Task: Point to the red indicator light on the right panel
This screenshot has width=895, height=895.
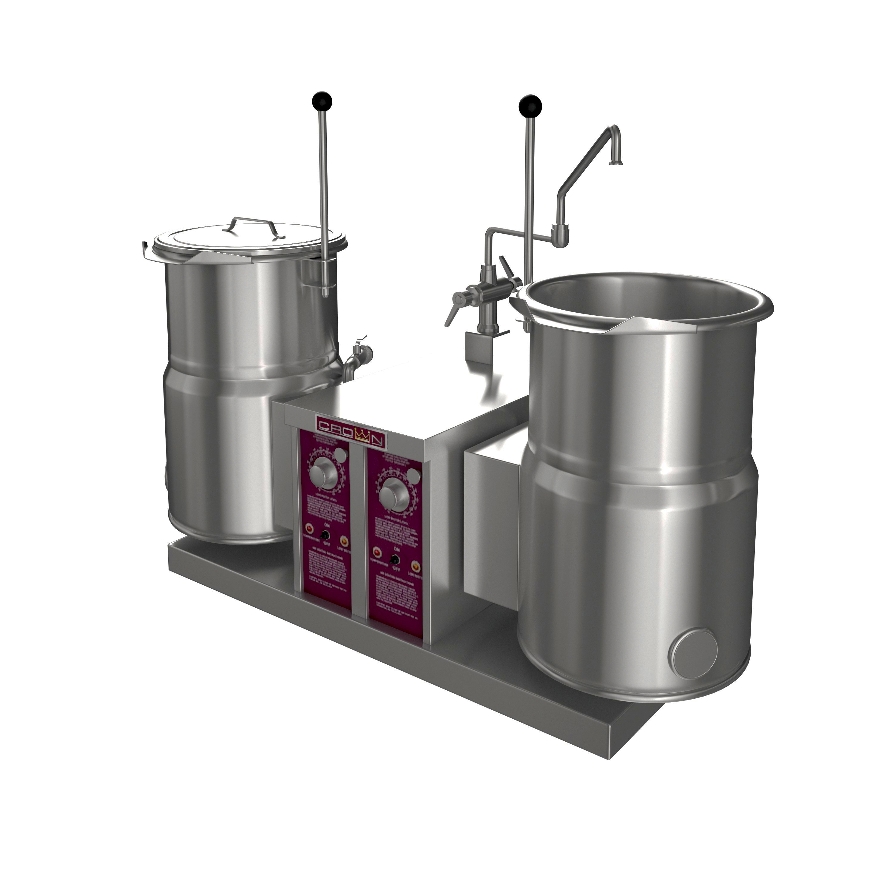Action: (x=378, y=552)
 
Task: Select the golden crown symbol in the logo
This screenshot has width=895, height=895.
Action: (x=361, y=436)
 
